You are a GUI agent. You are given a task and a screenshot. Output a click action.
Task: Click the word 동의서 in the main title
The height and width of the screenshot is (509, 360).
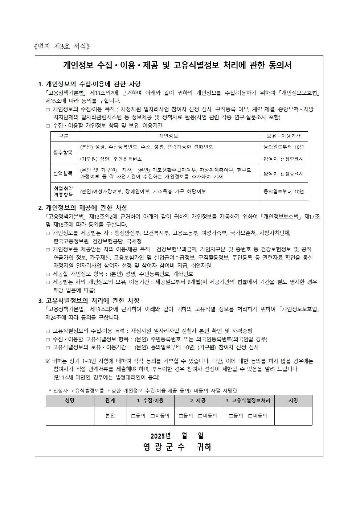coord(280,65)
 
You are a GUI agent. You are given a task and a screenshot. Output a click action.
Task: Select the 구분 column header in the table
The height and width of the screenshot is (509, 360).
coord(64,136)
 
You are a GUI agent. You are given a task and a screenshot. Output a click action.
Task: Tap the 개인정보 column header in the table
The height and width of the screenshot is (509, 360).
coord(168,136)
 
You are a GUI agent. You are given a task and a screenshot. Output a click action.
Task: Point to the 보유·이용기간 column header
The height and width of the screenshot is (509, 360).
coord(283,136)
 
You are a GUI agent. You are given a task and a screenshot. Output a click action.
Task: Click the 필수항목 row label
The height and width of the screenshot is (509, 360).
coord(64,153)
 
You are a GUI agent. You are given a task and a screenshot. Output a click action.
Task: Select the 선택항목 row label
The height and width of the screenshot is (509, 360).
coord(64,173)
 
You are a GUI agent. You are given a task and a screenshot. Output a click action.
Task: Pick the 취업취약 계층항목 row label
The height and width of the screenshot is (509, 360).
coord(64,191)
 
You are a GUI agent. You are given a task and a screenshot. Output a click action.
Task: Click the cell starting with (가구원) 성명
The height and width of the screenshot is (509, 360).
coord(111,159)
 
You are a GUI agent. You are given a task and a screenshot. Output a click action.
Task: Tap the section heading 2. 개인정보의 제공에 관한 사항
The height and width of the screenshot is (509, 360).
coord(83,208)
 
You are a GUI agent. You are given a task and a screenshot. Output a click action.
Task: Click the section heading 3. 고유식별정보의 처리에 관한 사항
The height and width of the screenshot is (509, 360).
coord(89,301)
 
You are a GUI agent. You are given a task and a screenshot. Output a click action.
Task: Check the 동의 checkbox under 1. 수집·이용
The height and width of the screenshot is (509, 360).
coord(133,416)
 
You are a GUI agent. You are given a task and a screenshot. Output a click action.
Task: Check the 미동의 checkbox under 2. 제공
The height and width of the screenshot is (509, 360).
coord(200,416)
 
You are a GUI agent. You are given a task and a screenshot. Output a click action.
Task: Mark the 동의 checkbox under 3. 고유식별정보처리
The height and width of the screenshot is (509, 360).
coord(231,416)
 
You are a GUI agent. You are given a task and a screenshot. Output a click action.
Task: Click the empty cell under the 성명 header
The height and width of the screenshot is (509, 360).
coord(70,416)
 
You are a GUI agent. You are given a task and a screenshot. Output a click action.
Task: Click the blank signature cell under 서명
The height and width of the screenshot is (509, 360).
coord(293,416)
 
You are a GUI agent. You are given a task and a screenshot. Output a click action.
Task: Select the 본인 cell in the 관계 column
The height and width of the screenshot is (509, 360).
coord(110,416)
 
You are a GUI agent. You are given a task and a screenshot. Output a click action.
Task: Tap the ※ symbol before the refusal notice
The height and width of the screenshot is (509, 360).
coord(48,361)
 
